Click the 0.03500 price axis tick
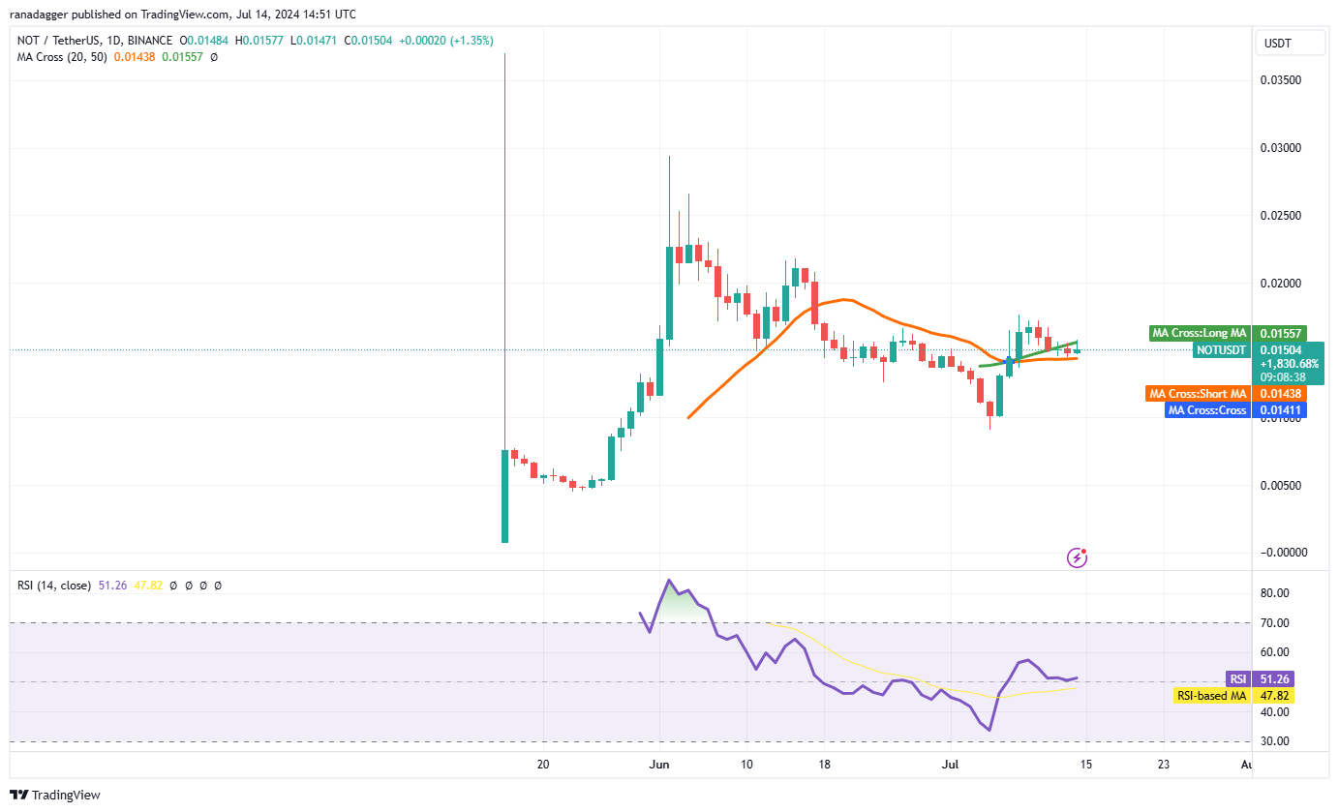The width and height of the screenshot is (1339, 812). [1279, 80]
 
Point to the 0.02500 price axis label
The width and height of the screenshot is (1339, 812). [1279, 216]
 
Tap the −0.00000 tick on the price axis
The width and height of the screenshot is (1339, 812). [1279, 553]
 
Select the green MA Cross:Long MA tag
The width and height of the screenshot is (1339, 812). [1199, 333]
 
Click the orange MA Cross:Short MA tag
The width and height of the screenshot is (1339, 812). [1199, 394]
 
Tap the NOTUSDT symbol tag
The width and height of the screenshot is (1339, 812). [1221, 349]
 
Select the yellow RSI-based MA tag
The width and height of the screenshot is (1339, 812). [1211, 696]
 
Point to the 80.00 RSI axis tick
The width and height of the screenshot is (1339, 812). [1275, 593]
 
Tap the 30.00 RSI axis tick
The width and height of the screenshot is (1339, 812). [1275, 741]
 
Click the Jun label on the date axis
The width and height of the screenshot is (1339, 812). [660, 765]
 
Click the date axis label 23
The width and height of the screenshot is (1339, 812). [1163, 765]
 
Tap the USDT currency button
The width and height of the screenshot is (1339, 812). [1278, 44]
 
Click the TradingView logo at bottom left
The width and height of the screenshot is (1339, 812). [55, 796]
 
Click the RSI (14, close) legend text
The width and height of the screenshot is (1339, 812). [54, 586]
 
